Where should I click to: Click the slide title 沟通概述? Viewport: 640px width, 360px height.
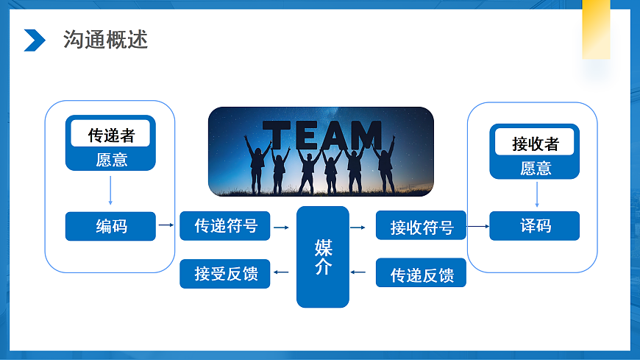click(105, 40)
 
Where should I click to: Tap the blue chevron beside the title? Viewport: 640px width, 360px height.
click(35, 40)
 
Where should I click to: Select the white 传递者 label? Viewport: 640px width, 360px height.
click(110, 134)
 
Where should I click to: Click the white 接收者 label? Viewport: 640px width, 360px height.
click(534, 142)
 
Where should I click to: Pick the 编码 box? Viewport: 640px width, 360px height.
click(110, 226)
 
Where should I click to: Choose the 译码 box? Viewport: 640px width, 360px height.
click(534, 225)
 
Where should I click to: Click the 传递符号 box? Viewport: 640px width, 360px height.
click(225, 225)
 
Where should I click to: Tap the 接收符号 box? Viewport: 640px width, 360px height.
click(421, 225)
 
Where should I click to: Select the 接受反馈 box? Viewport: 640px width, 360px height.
click(225, 273)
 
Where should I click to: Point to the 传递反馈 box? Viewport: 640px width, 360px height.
click(421, 272)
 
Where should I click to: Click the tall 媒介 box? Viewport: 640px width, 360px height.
click(323, 257)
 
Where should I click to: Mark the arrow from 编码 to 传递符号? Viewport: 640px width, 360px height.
click(166, 225)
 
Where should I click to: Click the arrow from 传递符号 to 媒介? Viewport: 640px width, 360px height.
click(281, 227)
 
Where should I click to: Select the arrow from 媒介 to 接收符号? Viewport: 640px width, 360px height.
click(358, 227)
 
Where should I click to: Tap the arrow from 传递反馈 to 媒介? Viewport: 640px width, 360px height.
click(358, 272)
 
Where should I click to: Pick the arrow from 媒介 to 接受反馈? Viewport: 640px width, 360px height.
click(281, 272)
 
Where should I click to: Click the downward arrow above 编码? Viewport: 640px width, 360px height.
click(110, 191)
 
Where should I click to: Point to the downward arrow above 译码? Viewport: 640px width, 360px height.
click(537, 194)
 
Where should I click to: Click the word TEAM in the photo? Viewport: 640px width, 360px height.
click(322, 135)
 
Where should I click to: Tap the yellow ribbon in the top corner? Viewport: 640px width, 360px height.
click(596, 29)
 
